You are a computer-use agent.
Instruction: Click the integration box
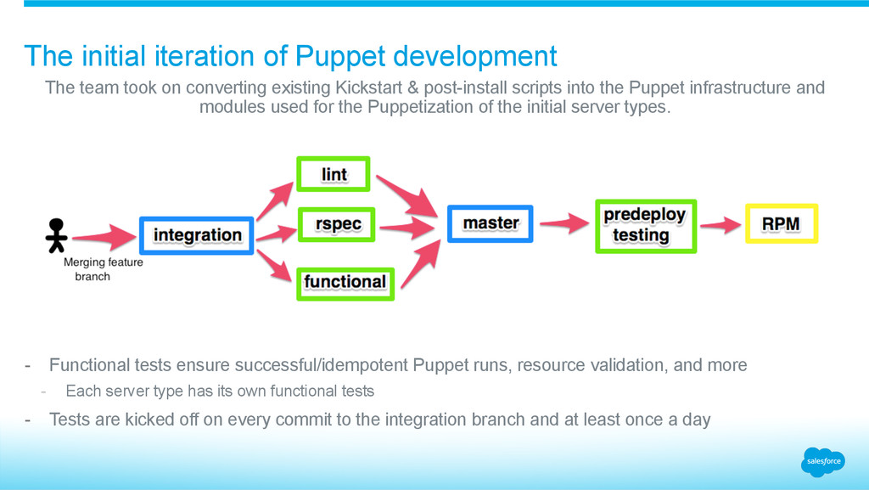tap(197, 234)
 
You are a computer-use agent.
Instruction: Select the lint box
tap(334, 174)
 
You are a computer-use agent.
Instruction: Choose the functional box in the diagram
tap(345, 281)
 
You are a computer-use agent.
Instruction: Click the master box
tap(491, 223)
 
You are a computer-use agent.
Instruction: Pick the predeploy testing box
tap(645, 226)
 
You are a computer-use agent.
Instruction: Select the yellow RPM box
tap(781, 223)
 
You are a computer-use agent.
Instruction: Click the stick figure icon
tap(56, 235)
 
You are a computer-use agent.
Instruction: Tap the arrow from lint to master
tap(406, 194)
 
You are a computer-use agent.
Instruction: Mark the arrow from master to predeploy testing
tap(564, 223)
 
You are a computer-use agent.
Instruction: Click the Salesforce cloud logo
tap(822, 461)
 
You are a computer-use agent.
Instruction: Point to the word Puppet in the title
tap(335, 56)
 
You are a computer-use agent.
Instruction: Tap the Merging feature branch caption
tap(103, 269)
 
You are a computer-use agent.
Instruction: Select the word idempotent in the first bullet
tap(362, 365)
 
